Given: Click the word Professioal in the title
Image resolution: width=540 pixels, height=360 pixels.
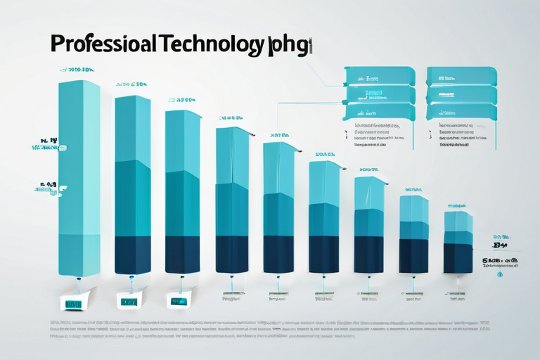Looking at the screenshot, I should click(x=105, y=44).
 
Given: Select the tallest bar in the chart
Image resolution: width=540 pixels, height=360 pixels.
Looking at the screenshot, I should click(x=79, y=176).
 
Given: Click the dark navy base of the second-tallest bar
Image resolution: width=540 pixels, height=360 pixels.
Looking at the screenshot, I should click(x=132, y=255).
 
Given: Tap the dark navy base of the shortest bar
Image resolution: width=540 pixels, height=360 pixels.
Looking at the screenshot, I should click(x=458, y=258).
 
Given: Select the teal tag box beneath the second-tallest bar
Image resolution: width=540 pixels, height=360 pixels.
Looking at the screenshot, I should click(x=129, y=302).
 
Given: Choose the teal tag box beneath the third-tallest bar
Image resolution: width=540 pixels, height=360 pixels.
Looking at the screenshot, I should click(x=177, y=300).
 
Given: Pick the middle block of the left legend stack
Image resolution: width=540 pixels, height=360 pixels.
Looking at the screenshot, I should click(x=379, y=94).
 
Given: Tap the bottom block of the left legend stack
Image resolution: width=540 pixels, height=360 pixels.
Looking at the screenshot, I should click(x=379, y=111).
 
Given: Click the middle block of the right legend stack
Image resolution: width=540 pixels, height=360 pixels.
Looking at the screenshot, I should click(x=462, y=94).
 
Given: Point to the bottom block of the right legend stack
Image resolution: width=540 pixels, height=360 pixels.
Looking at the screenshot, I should click(x=462, y=111).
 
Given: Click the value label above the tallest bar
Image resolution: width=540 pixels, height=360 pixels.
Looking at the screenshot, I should click(x=77, y=70).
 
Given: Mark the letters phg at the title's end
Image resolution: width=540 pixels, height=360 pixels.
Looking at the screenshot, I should click(x=292, y=46).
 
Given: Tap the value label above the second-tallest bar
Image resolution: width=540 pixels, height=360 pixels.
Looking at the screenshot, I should click(x=131, y=84).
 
